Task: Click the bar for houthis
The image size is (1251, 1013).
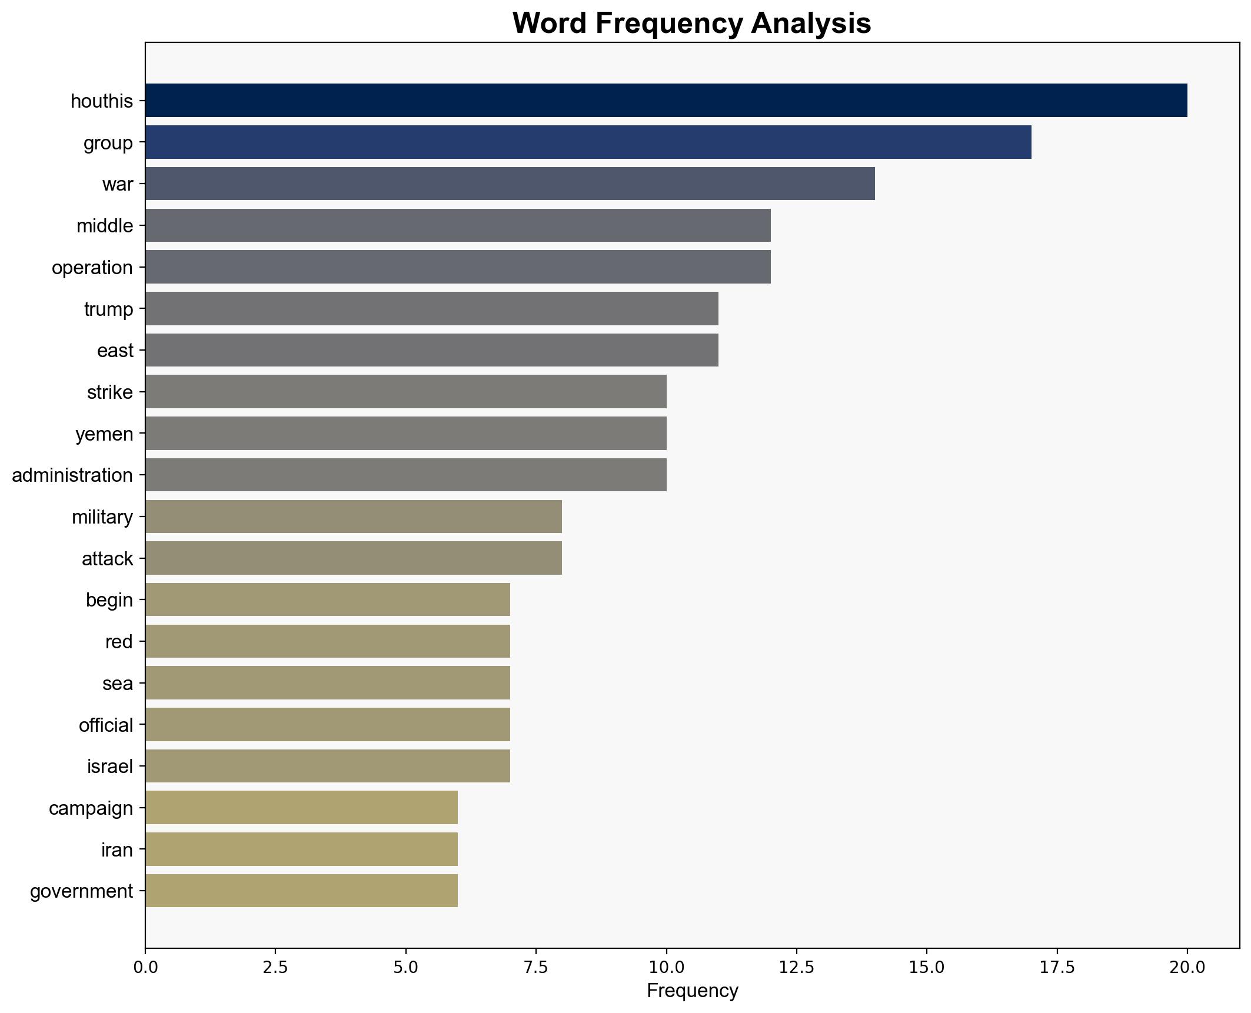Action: click(x=666, y=101)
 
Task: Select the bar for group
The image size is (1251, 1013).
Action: click(x=588, y=142)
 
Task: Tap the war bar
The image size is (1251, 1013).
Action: click(x=510, y=184)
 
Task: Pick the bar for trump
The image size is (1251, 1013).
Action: click(x=432, y=308)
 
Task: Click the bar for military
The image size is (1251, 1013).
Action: click(x=354, y=517)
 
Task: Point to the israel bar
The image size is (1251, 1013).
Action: click(x=328, y=766)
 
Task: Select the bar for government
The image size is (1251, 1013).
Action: click(x=301, y=891)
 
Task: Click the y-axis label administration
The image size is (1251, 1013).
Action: click(x=72, y=475)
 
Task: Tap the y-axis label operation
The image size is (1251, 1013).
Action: click(x=92, y=268)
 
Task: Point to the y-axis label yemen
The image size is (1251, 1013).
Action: click(x=104, y=434)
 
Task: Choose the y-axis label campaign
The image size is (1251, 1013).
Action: click(x=91, y=808)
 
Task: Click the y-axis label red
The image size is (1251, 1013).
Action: click(x=119, y=642)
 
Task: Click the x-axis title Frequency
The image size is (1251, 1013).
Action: click(x=692, y=991)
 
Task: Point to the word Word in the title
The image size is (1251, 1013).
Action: click(x=548, y=24)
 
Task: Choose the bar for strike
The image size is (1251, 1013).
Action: click(x=406, y=392)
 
